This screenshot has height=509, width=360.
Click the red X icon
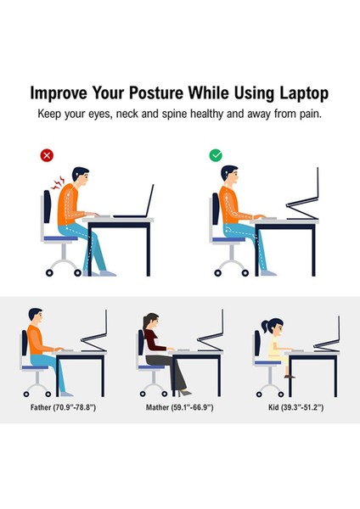(47, 155)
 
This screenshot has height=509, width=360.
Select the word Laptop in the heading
(297, 92)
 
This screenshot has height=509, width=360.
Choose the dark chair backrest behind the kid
(256, 344)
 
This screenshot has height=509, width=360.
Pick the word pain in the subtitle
(311, 112)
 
